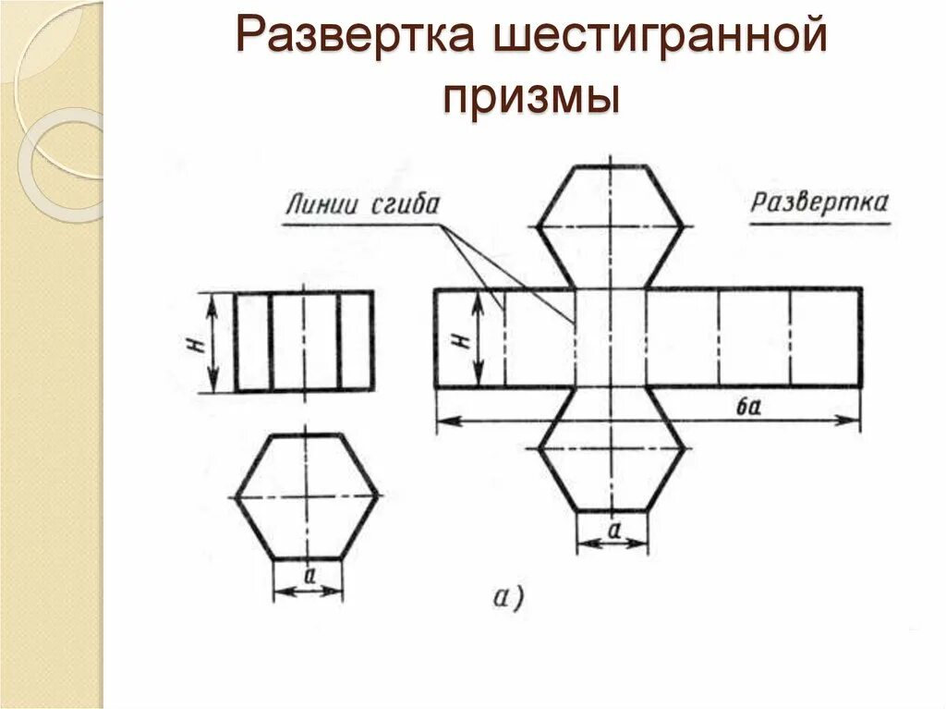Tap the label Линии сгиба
pos(363,203)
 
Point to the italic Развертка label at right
pos(819,202)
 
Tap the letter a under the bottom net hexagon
pos(612,530)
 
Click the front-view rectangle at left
pos(304,341)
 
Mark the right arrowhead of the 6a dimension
pos(852,421)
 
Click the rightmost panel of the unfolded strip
pos(826,337)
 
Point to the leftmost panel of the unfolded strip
pos(469,337)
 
